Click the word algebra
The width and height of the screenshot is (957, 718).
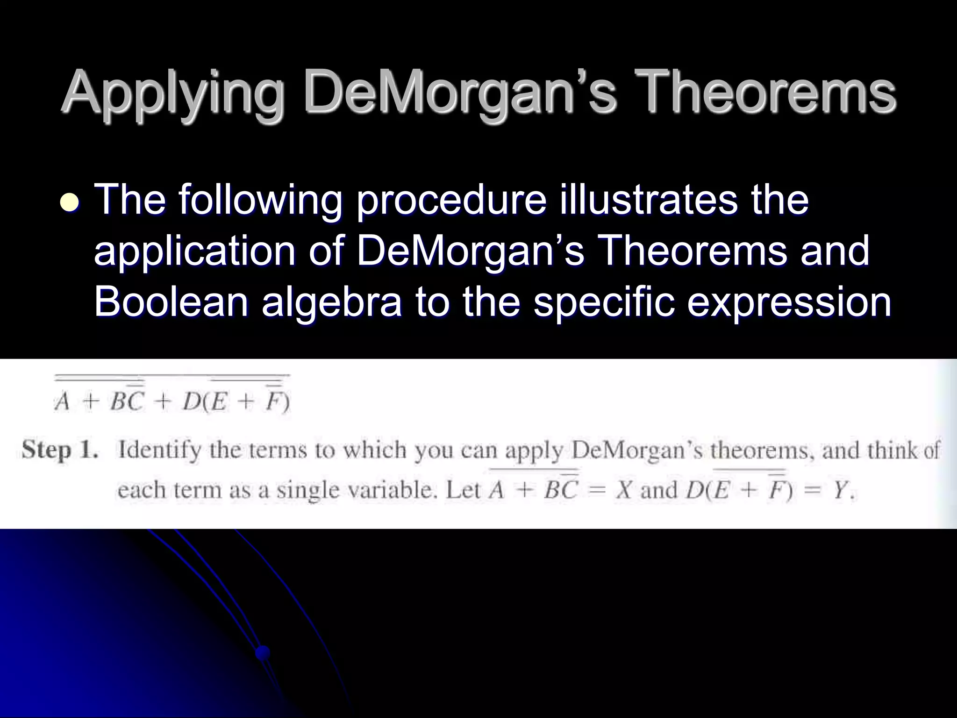(331, 303)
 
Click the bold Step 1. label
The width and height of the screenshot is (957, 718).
(60, 451)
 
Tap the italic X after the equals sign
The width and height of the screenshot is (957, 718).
(624, 490)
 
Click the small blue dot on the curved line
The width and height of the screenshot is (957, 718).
(263, 651)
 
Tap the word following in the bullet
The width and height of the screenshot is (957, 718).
(259, 200)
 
